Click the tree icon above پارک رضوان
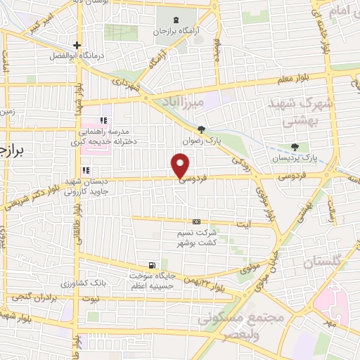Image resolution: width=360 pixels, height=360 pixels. [202, 129]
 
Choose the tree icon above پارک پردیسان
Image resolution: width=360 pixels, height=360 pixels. [294, 147]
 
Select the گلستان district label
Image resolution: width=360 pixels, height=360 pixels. [325, 262]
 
